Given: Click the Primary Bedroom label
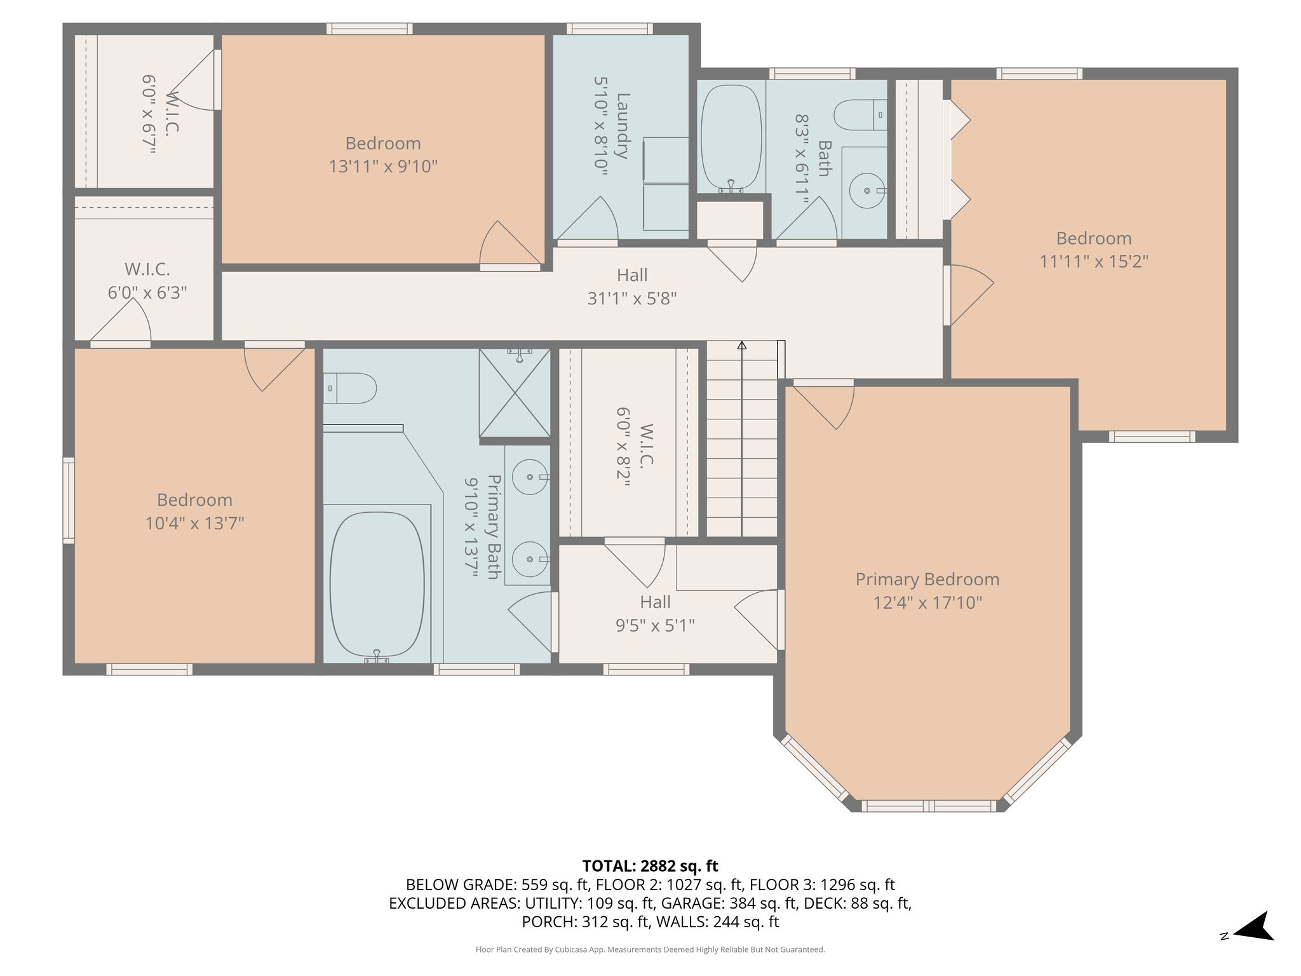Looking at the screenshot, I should [x=927, y=579].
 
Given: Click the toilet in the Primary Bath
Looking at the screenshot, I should [x=351, y=388].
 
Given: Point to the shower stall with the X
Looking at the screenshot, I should [x=515, y=393].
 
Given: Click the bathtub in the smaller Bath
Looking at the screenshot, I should [x=731, y=137].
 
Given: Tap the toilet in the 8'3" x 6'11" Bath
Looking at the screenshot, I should [x=859, y=115].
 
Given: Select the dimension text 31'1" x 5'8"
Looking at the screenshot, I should [x=631, y=299].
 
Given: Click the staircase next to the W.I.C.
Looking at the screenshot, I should [x=741, y=445].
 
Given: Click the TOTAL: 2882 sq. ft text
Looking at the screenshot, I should [x=650, y=866].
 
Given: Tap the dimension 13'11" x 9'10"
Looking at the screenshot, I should [x=383, y=166].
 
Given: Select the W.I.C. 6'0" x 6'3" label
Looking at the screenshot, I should [x=147, y=281].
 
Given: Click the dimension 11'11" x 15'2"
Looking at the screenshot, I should [x=1093, y=261].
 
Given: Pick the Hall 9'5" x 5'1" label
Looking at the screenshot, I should [x=655, y=614].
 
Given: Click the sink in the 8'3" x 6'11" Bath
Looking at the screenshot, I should [x=866, y=191].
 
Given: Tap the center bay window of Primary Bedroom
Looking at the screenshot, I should [x=928, y=806].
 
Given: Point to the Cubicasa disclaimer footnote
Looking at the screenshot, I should [x=650, y=949].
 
